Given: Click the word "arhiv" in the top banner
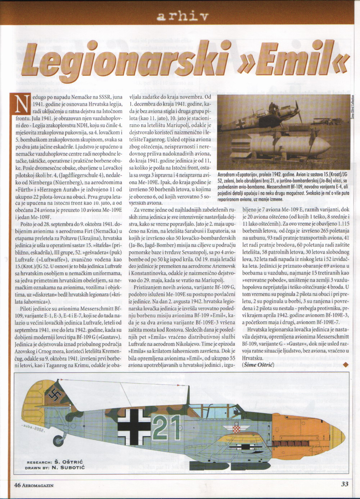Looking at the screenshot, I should pyautogui.click(x=183, y=16).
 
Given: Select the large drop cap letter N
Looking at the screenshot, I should pyautogui.click(x=22, y=104).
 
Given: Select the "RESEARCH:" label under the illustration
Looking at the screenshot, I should pyautogui.click(x=39, y=462).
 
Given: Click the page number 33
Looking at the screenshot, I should pyautogui.click(x=345, y=484).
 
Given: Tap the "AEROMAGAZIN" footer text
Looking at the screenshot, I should pyautogui.click(x=38, y=485).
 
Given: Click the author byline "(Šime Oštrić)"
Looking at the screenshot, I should pyautogui.click(x=258, y=365).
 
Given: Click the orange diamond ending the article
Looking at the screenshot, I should pyautogui.click(x=346, y=365).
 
